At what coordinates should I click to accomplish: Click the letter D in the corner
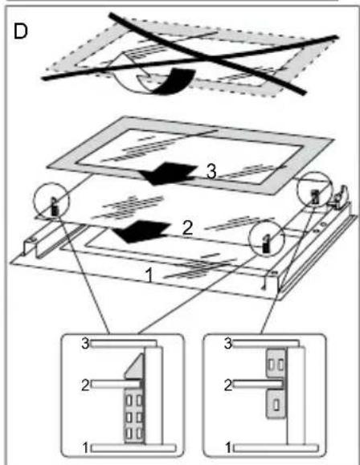[20, 31]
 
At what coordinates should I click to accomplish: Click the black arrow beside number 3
[168, 173]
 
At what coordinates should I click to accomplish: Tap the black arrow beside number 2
[141, 231]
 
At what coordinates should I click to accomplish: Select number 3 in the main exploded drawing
[211, 172]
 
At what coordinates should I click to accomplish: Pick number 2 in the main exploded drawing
[187, 229]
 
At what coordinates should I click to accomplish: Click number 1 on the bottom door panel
[149, 275]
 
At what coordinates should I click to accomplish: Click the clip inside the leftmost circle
[55, 206]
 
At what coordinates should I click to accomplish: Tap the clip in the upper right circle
[315, 197]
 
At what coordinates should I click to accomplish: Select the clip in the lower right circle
[266, 244]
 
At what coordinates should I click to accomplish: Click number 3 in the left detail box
[85, 344]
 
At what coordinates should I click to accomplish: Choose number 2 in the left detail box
[85, 385]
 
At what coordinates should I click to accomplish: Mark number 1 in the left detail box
[85, 448]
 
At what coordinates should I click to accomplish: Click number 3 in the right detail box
[228, 344]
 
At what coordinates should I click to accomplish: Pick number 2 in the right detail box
[228, 385]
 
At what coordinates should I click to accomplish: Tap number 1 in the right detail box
[228, 448]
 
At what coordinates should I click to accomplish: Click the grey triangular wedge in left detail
[137, 369]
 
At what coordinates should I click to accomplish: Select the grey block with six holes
[134, 416]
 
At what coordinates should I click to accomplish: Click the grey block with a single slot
[276, 404]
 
